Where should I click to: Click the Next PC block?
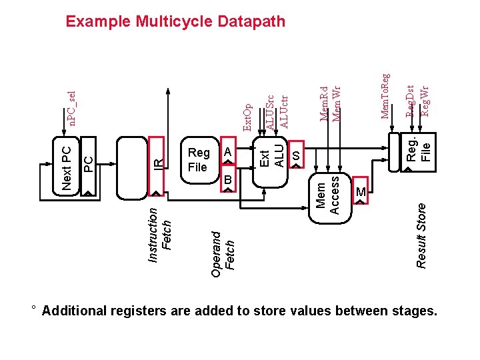(x=66, y=166)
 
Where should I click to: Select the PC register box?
(x=88, y=166)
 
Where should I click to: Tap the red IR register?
(x=157, y=166)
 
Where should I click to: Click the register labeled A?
(x=228, y=151)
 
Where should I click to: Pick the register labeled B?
(x=228, y=179)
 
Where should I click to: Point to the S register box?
(x=296, y=154)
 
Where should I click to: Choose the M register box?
(x=360, y=191)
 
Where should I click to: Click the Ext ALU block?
(x=270, y=162)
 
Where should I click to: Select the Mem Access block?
(x=330, y=198)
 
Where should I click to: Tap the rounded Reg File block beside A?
(x=200, y=160)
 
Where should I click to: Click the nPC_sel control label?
(x=72, y=109)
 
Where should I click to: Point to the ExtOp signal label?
(x=247, y=117)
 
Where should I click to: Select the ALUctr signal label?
(x=284, y=112)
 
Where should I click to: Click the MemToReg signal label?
(x=385, y=96)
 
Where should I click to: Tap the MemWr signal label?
(x=337, y=104)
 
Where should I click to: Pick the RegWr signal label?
(x=425, y=101)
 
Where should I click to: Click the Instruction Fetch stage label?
(x=159, y=235)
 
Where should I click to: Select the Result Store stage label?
(x=421, y=236)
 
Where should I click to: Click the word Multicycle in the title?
(x=174, y=22)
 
